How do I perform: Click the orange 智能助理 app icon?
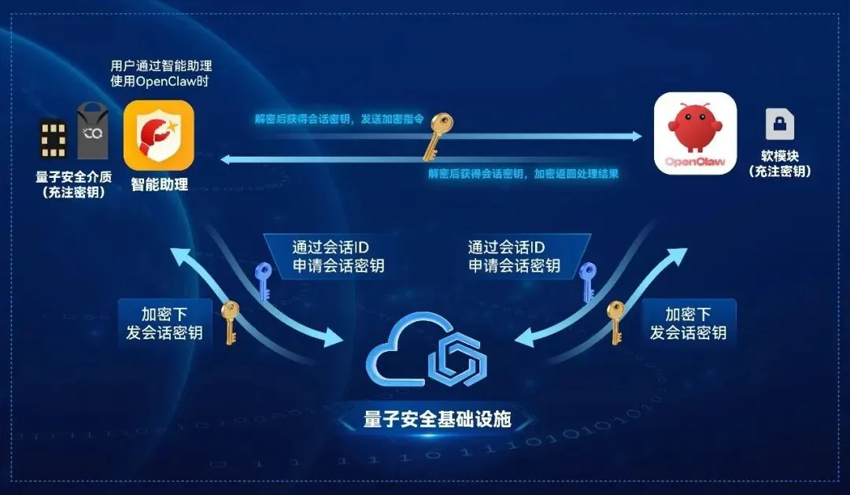159,135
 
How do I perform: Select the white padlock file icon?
779,124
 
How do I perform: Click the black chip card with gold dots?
53,140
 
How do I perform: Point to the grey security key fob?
92,132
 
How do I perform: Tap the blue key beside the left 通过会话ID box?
262,281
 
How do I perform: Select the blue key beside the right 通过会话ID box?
587,282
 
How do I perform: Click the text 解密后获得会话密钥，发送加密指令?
339,120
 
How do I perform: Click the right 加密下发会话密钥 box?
688,323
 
